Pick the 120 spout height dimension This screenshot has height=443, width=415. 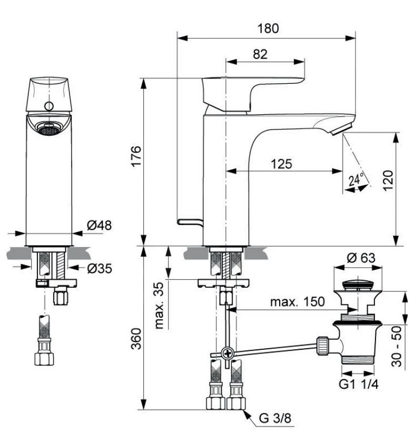tap(388, 182)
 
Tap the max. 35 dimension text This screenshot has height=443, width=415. tap(160, 305)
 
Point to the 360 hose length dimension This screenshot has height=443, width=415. tap(136, 341)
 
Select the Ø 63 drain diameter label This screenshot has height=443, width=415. tap(359, 259)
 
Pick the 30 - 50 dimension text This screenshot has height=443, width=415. tap(399, 346)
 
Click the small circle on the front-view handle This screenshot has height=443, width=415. tap(48, 106)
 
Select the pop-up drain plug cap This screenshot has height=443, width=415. tap(359, 285)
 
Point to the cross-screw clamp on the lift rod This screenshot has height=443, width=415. tap(227, 353)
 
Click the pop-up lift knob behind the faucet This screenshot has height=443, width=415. tap(190, 221)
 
